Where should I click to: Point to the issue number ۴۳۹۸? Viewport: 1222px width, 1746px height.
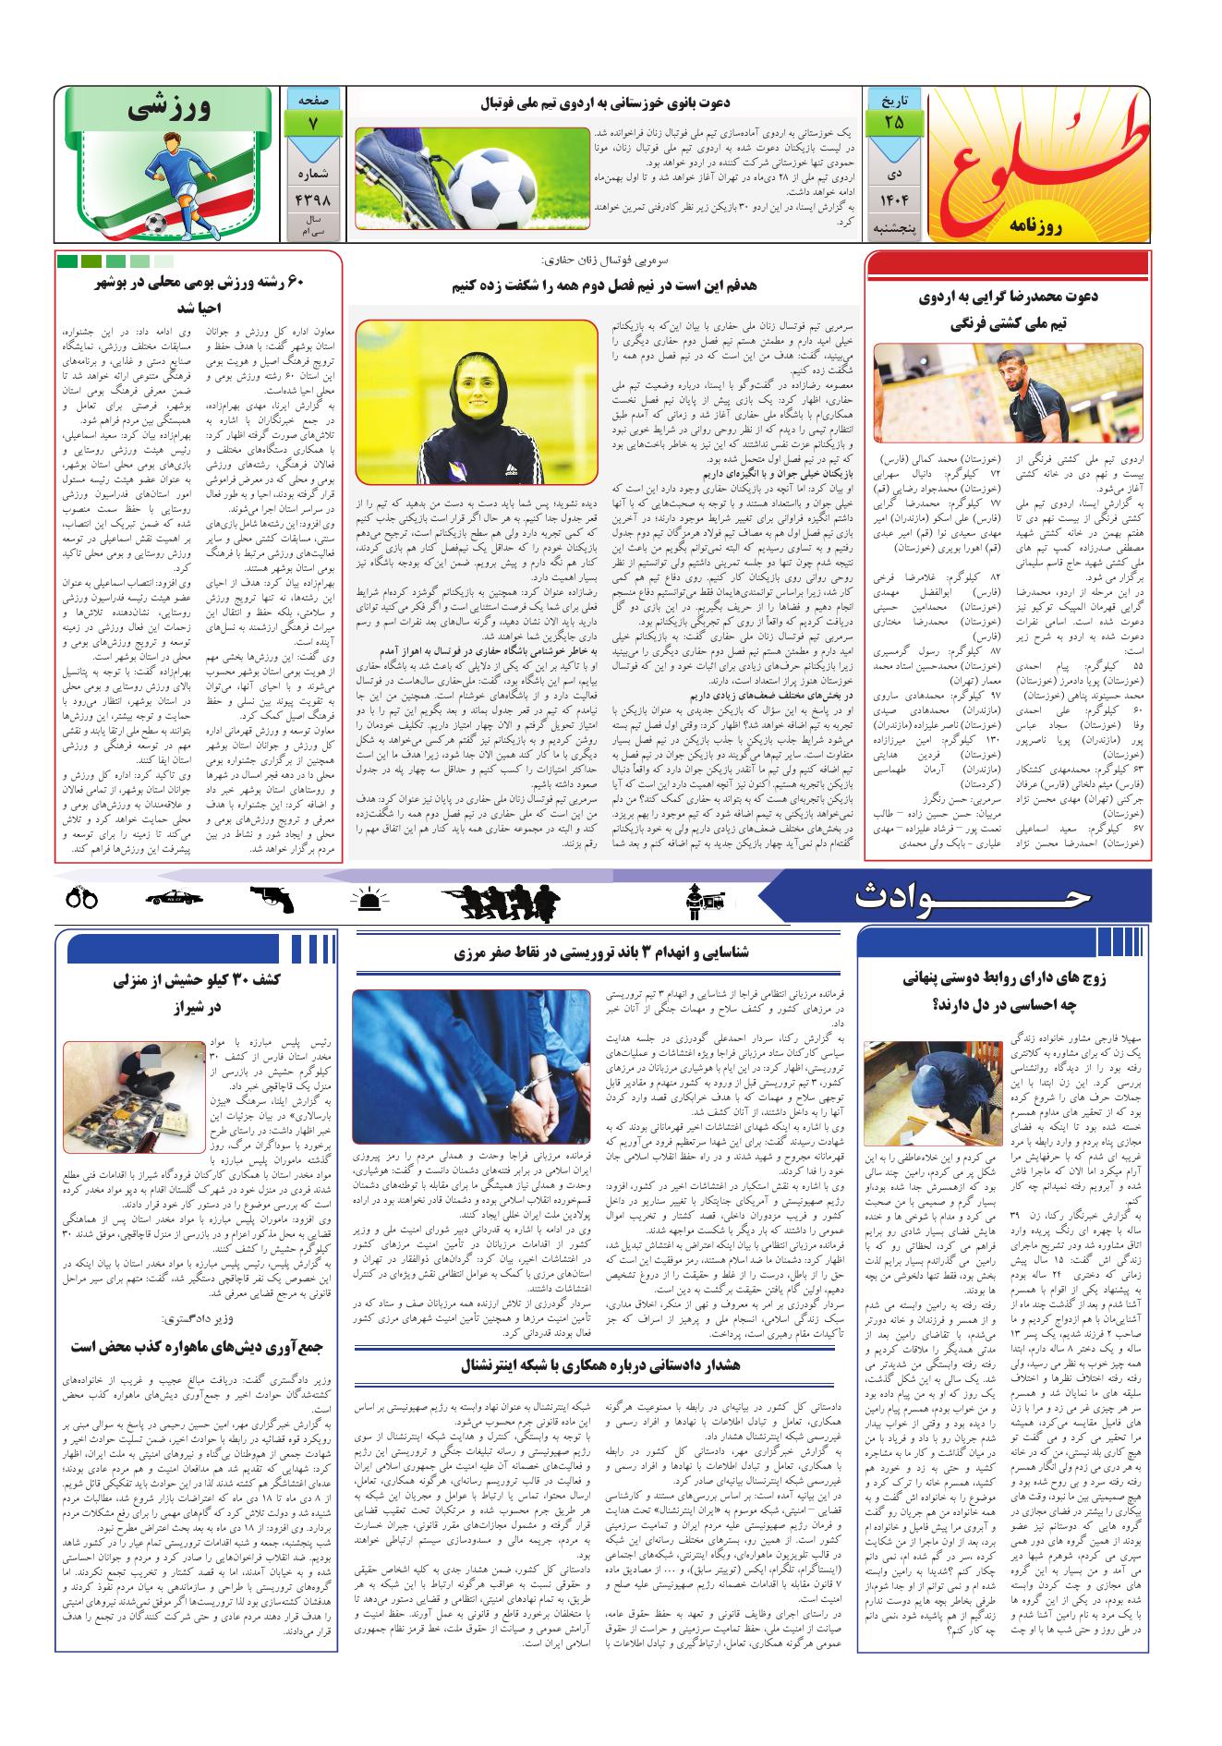pos(315,200)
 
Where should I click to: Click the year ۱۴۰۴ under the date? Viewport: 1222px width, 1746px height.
pos(893,200)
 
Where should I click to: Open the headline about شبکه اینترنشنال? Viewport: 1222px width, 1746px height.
pos(601,1364)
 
